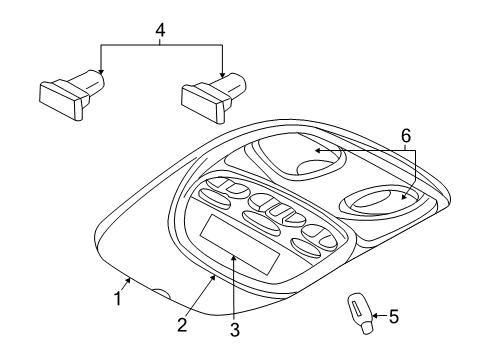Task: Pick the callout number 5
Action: point(394,317)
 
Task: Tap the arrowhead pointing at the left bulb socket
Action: point(99,74)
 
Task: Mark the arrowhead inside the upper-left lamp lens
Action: point(313,151)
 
